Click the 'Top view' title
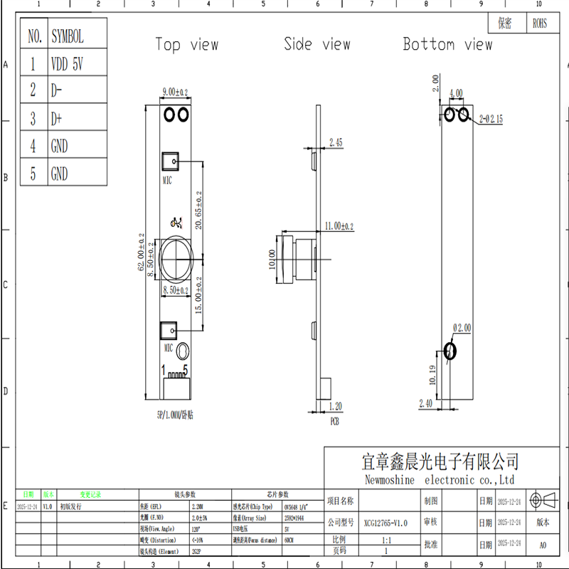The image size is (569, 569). pos(187,45)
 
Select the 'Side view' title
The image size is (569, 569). pos(317,44)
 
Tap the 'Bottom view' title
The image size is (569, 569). pos(447,44)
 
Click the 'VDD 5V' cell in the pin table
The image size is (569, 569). pos(68,64)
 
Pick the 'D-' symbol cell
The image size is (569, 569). pos(57,90)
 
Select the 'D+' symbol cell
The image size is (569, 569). pos(57,118)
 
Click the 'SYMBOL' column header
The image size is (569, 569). pos(67,36)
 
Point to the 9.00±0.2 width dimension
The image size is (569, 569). pos(175,92)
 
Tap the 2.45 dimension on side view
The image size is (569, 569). pos(336,143)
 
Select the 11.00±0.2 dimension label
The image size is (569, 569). pos(339,225)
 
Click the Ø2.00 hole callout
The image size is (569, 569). pos(462,328)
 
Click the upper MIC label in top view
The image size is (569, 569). pos(168,181)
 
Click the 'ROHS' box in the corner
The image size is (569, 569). pos(541,23)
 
